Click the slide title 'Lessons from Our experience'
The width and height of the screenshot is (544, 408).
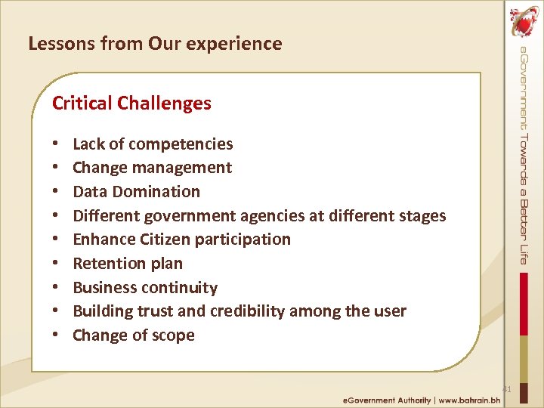pos(155,44)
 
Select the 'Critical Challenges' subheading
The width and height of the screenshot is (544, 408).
pos(131,104)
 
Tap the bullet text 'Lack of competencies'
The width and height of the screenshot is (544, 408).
pos(153,144)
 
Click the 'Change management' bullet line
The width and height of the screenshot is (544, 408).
pos(152,168)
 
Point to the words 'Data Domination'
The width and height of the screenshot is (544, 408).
pos(136,192)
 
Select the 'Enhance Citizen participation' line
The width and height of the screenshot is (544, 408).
pos(181,240)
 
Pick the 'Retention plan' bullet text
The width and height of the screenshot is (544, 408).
pos(128,264)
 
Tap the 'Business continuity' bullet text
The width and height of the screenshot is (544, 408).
pos(145,288)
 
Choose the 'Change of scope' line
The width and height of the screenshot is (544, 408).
pos(134,335)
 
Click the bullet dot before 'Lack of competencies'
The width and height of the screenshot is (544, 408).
pos(56,144)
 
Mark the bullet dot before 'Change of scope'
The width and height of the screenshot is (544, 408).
pos(56,336)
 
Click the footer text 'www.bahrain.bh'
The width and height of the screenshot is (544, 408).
pos(474,400)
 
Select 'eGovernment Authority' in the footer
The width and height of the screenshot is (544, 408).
pos(386,400)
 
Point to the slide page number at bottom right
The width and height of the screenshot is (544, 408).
pos(507,389)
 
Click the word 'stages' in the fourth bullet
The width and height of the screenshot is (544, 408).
pos(420,216)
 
